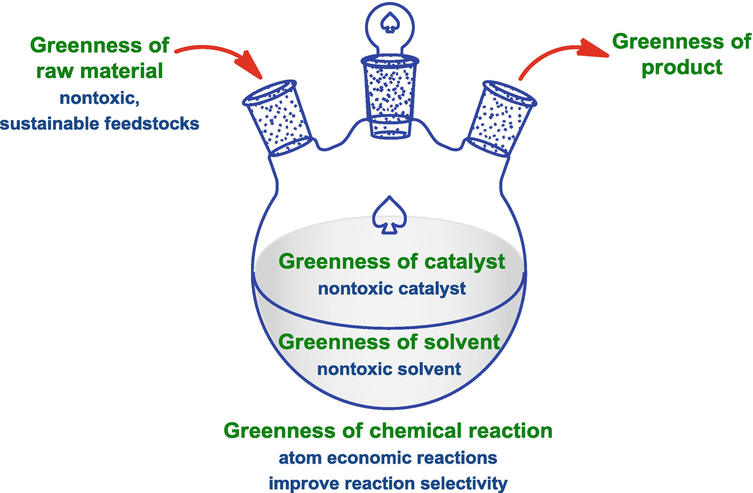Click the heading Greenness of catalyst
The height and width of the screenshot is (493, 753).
pyautogui.click(x=392, y=262)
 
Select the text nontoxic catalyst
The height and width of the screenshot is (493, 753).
pyautogui.click(x=392, y=289)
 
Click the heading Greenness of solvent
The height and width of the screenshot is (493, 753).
pyautogui.click(x=390, y=342)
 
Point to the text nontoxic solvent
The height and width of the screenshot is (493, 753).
pyautogui.click(x=389, y=368)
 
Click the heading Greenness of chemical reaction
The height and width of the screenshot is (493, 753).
pyautogui.click(x=388, y=431)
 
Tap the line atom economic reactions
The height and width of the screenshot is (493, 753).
pyautogui.click(x=388, y=458)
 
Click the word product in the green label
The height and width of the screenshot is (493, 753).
pyautogui.click(x=682, y=67)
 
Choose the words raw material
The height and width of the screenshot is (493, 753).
pyautogui.click(x=100, y=71)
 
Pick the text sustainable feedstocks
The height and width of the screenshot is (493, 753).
pyautogui.click(x=100, y=124)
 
